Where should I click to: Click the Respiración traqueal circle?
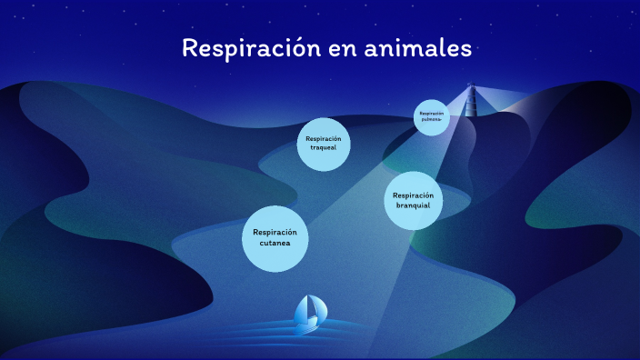pos(324,144)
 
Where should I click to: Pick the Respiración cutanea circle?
pos(275,237)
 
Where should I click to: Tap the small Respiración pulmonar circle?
pos(432,116)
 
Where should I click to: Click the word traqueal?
pos(324,147)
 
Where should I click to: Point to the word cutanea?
pos(275,243)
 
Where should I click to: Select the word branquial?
pos(413,205)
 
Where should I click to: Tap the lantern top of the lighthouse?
pos(470,87)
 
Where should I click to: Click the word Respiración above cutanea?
pos(275,232)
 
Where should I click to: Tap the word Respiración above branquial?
pos(413,195)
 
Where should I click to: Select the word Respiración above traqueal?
pos(324,138)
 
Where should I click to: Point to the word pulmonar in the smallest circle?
pos(432,119)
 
